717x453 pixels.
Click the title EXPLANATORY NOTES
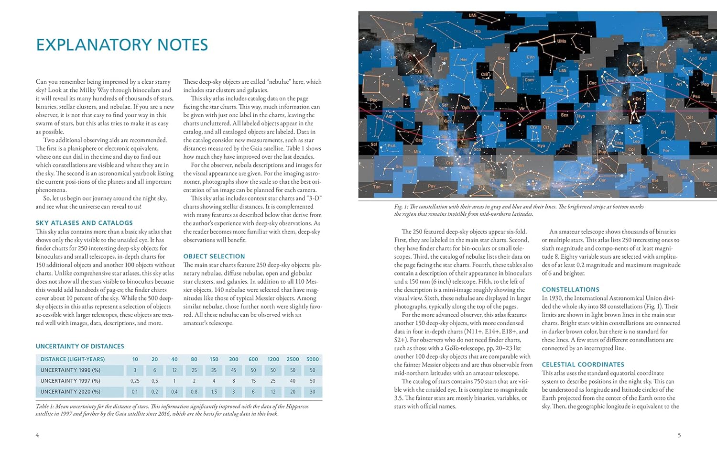(122, 45)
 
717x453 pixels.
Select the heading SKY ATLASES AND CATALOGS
(84, 223)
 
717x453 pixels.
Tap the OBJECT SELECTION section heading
(214, 256)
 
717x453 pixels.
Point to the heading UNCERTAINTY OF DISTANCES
(80, 346)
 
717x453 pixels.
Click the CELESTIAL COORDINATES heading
(583, 365)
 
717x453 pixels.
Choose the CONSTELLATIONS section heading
(570, 290)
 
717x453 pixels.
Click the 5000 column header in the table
(312, 359)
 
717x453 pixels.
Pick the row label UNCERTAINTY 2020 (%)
(70, 392)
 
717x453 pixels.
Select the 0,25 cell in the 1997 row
(135, 381)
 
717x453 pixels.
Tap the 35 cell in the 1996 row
(214, 370)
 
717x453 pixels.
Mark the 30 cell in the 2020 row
(312, 392)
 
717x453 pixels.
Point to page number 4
(37, 435)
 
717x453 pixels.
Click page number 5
(679, 435)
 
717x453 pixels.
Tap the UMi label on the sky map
(472, 15)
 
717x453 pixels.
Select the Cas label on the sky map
(695, 33)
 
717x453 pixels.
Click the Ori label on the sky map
(638, 99)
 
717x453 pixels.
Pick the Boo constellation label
(501, 59)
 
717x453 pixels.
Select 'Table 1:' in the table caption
(46, 407)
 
